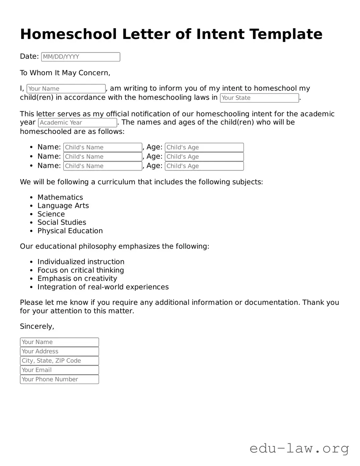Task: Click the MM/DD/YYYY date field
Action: (80, 57)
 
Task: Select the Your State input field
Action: (259, 98)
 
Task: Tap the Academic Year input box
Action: (77, 123)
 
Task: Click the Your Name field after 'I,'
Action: (66, 89)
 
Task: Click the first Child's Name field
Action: (102, 147)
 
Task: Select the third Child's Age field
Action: (204, 166)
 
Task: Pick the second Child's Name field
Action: (102, 157)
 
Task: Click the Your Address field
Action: (59, 351)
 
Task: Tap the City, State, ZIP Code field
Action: (59, 361)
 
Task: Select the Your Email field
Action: (59, 370)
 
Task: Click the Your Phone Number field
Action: (59, 380)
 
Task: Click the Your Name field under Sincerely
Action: (59, 342)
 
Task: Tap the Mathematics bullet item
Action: (60, 197)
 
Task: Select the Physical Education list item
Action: (70, 231)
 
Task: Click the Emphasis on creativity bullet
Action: (77, 279)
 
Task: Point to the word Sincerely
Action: (37, 327)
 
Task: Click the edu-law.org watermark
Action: (299, 448)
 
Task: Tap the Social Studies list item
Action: (62, 222)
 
